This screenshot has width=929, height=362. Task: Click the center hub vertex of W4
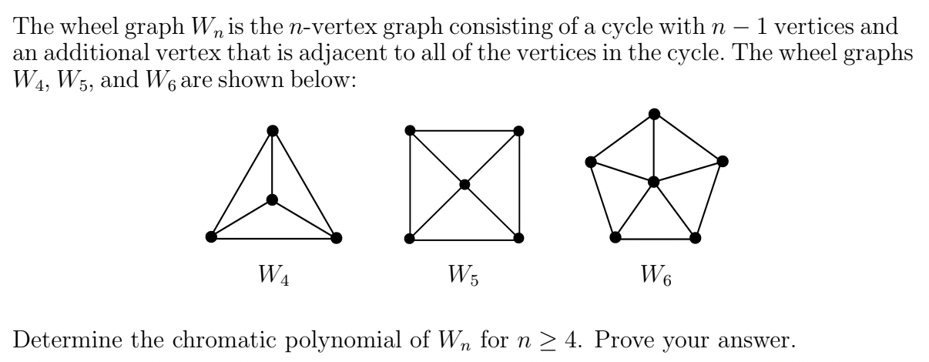coord(271,200)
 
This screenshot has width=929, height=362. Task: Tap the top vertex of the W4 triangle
coord(271,130)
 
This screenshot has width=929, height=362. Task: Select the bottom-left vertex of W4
coord(210,237)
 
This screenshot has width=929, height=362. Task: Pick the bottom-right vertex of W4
coord(334,237)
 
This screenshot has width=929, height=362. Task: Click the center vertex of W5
coord(464,184)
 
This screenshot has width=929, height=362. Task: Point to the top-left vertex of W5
coord(410,130)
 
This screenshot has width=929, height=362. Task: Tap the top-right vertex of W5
coord(519,130)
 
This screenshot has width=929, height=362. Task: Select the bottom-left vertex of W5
coord(410,238)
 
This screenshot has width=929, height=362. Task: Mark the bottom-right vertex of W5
coord(519,238)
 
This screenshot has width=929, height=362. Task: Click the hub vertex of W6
coord(653,182)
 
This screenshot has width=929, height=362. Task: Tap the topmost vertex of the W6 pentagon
coord(654,114)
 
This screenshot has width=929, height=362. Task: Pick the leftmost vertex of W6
coord(590,162)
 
